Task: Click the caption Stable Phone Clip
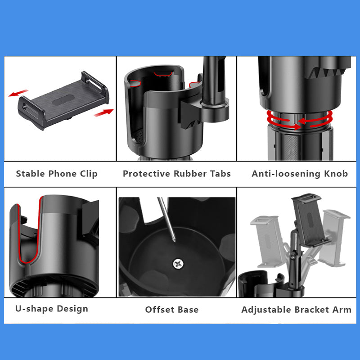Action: (x=57, y=174)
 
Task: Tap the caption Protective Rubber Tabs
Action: (x=177, y=174)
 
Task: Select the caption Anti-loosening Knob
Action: (x=300, y=174)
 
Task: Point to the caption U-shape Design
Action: (x=52, y=309)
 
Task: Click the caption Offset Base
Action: (x=172, y=310)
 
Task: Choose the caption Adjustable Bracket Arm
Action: (x=296, y=310)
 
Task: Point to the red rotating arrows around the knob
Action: (x=299, y=120)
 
